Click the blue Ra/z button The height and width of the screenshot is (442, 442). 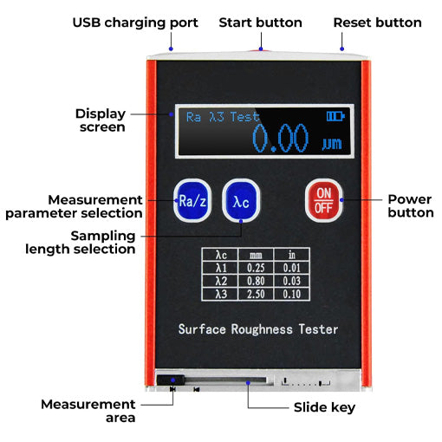tap(192, 201)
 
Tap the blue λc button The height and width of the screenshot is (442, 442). tap(241, 201)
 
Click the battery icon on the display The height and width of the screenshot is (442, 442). tap(335, 115)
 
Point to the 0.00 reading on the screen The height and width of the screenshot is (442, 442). tap(281, 139)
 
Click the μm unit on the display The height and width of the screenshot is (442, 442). tap(331, 144)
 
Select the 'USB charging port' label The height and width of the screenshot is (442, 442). tap(135, 23)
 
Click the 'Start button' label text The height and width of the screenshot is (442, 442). tap(260, 23)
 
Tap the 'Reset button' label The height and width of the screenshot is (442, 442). tap(378, 23)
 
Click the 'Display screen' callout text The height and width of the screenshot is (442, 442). tap(101, 120)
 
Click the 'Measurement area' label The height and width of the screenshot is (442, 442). tap(88, 410)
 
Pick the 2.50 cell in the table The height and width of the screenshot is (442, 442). tap(256, 294)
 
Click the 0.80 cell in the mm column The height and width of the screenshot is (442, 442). tap(256, 281)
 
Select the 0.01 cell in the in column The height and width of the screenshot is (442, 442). tap(291, 268)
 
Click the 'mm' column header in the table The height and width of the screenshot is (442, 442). tap(256, 255)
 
